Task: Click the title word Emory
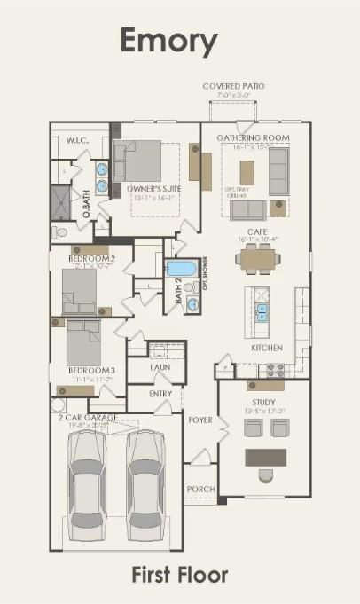[168, 41]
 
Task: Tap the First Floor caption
[180, 575]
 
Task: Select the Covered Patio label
[233, 86]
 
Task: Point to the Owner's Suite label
[148, 188]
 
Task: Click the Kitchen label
[267, 348]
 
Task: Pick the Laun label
[160, 365]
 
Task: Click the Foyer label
[200, 420]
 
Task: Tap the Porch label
[200, 489]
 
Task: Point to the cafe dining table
[258, 259]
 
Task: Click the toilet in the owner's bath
[59, 232]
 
